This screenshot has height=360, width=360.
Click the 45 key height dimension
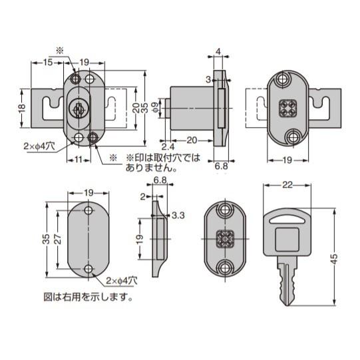tap(335, 259)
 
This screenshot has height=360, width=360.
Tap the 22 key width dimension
tap(287, 185)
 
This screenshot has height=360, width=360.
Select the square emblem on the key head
tap(287, 240)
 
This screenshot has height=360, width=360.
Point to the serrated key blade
tap(287, 281)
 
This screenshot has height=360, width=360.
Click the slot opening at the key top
tap(287, 221)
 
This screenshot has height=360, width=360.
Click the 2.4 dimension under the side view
tap(168, 146)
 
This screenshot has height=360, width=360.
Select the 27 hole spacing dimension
tap(58, 239)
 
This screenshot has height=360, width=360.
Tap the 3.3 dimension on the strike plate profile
tap(178, 216)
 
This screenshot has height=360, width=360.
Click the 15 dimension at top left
tap(47, 63)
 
